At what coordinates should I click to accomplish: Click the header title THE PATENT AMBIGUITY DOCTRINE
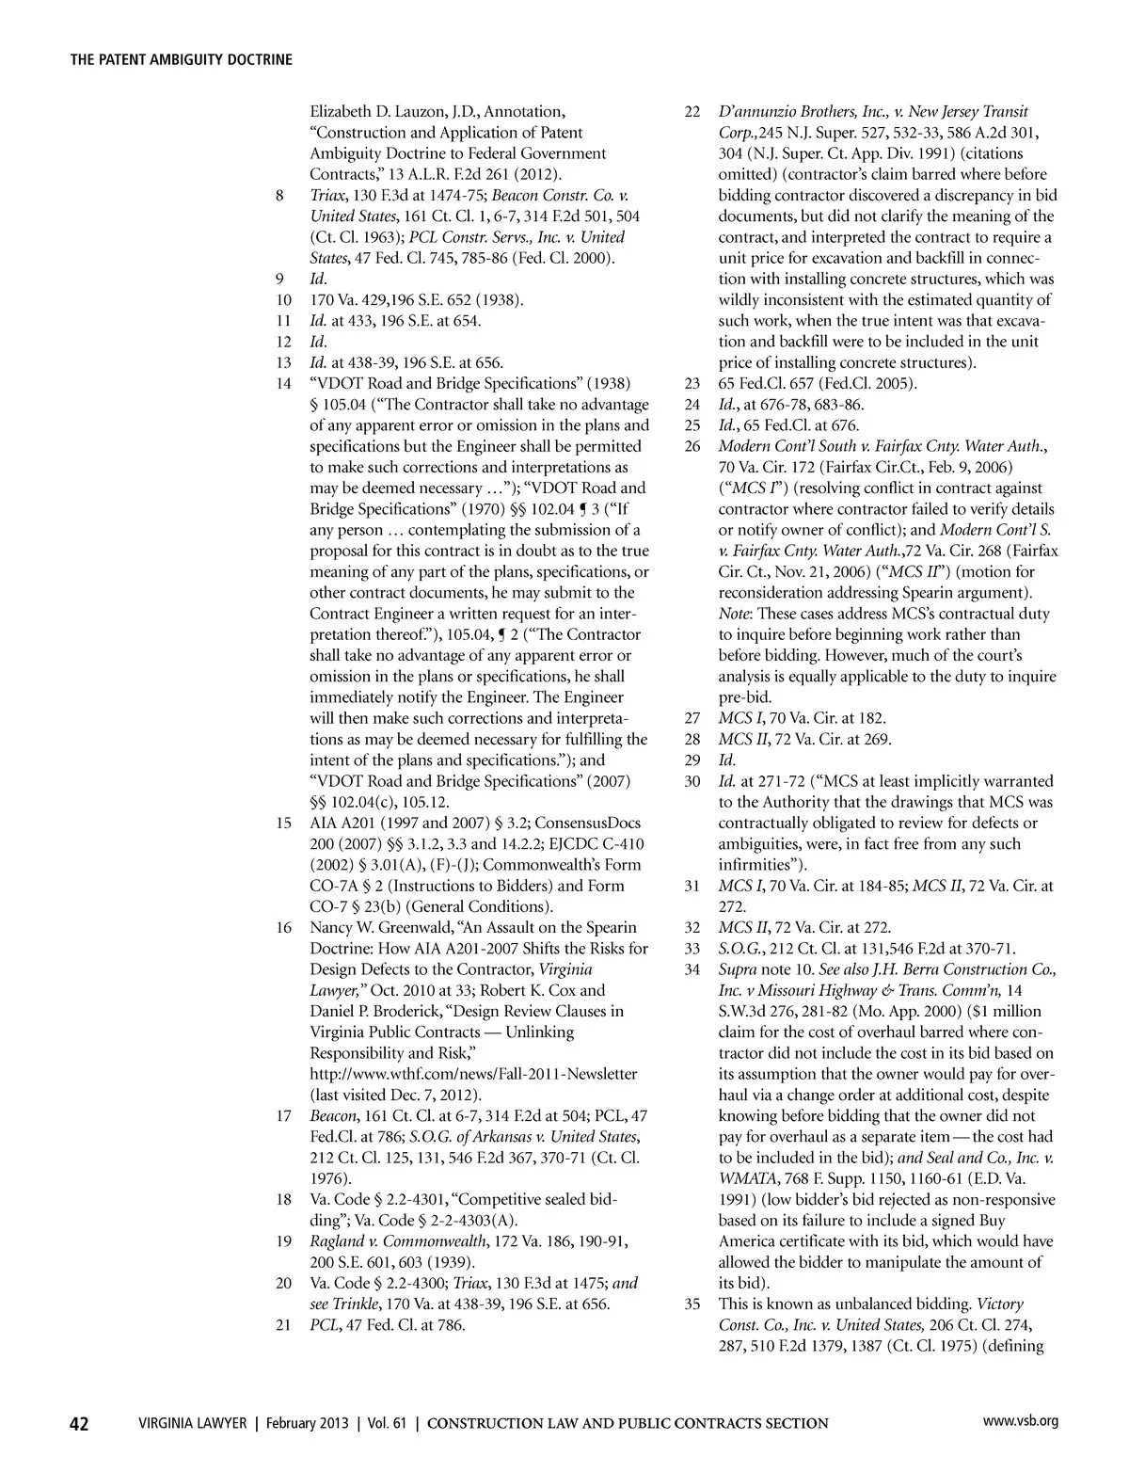[x=182, y=59]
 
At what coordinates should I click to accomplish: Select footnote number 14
[x=283, y=384]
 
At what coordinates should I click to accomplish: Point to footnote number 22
[x=692, y=112]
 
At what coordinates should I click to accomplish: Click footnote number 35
[x=692, y=1304]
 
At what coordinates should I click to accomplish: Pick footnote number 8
[x=279, y=196]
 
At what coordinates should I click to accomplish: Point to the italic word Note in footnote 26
[x=734, y=614]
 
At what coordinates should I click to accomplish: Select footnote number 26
[x=692, y=446]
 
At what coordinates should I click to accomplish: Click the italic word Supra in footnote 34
[x=739, y=969]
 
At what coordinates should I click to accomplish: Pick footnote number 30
[x=692, y=781]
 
